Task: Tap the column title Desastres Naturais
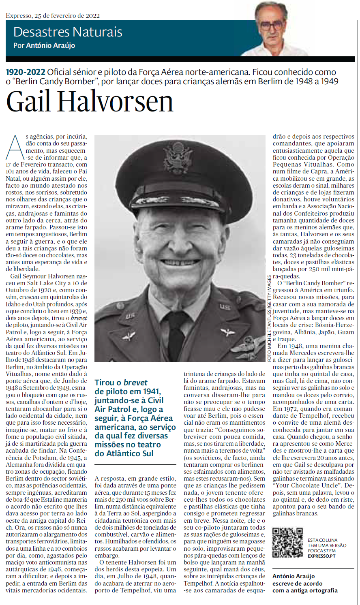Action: click(68, 32)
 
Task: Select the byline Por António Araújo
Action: click(44, 45)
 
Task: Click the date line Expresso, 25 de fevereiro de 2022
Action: click(53, 16)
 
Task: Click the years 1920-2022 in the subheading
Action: click(25, 73)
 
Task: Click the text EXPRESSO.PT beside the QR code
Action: click(321, 556)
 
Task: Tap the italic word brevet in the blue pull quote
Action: click(135, 383)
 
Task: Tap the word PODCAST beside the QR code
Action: click(317, 551)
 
